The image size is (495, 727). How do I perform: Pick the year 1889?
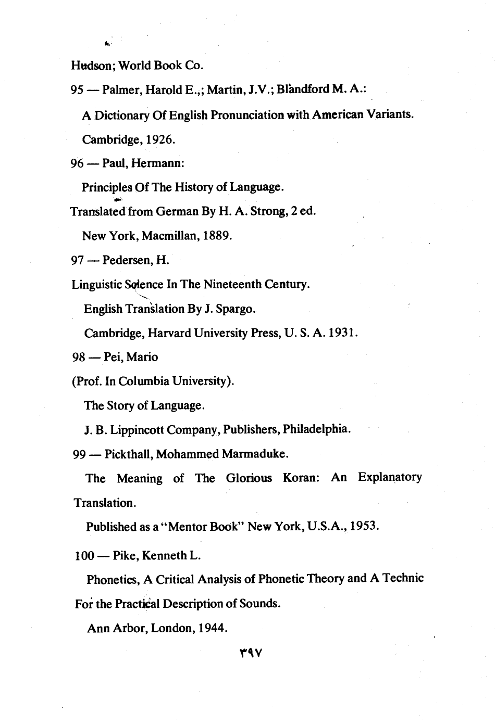point(216,236)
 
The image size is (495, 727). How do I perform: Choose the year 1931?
point(342,333)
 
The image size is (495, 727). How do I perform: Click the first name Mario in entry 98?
point(145,357)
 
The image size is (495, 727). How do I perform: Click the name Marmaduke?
point(255,454)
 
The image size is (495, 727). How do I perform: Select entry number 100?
point(84,555)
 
